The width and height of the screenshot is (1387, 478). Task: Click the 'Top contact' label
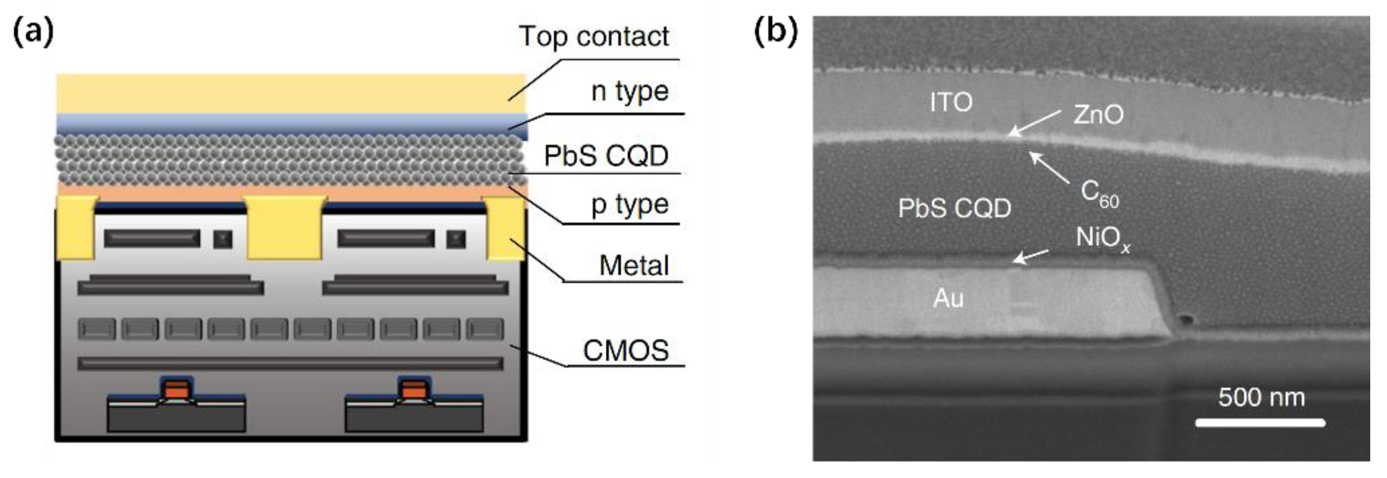pos(594,37)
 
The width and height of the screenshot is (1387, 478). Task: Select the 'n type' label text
pos(630,92)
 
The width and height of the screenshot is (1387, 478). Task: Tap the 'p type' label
pos(630,205)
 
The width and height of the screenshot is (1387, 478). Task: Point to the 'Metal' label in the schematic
pos(634,265)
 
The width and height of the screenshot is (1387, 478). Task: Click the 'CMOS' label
pos(625,351)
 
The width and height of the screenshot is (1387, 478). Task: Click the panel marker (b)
pos(775,31)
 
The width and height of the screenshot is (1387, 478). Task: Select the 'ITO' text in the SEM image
pos(951,102)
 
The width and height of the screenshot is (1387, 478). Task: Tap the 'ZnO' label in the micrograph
pos(1098,114)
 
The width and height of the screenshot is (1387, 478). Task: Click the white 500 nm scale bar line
pos(1260,423)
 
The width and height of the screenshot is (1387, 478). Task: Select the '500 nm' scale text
pos(1262,397)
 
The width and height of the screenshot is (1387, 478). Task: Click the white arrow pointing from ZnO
pos(1035,123)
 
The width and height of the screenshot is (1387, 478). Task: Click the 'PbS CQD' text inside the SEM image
pos(954,208)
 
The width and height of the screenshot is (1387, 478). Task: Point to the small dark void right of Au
pos(1185,320)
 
